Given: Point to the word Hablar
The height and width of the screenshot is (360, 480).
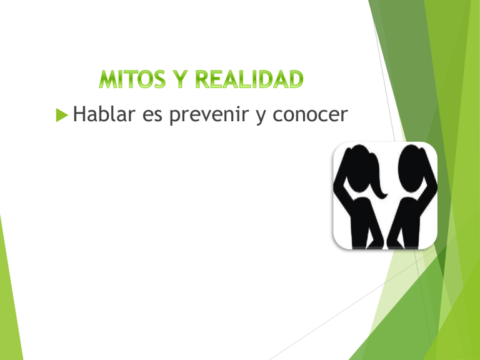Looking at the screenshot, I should point(102,114).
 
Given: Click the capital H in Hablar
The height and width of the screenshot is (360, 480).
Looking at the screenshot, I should point(79,114).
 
